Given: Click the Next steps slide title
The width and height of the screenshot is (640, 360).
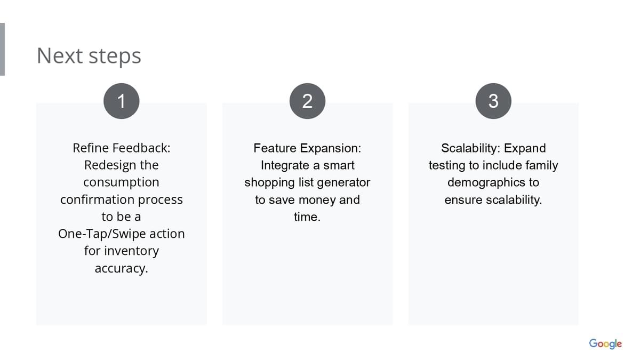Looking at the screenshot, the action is coord(89,56).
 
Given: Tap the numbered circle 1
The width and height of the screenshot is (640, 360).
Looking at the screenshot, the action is coord(122,101).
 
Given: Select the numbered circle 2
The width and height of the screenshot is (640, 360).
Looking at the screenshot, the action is coord(307,101).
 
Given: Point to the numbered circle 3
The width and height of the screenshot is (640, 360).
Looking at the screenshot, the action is coord(493,101).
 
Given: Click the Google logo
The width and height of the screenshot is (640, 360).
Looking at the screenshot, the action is coord(605,343).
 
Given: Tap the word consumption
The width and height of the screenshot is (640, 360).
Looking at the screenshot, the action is coord(121,183).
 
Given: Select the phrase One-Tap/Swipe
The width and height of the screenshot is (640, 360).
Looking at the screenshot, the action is coord(102,234).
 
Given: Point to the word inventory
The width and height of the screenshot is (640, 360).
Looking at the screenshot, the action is coord(131,251).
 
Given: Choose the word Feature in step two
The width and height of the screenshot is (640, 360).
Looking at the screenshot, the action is coord(275,148).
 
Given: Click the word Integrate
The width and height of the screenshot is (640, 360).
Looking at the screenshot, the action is coord(285,166).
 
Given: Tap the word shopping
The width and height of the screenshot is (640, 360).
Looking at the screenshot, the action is coord(269,183).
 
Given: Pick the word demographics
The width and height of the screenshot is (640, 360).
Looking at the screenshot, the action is coord(486,183).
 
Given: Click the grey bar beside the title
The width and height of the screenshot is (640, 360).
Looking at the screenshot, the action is coord(2,50).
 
